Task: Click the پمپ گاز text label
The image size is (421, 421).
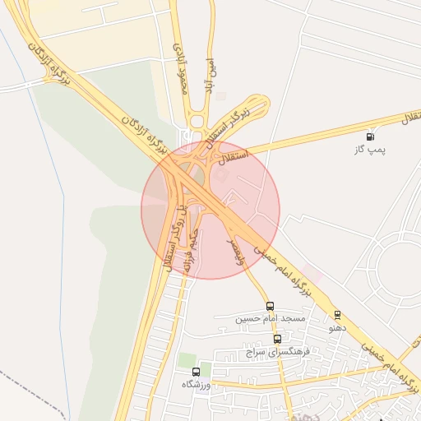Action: click(370, 150)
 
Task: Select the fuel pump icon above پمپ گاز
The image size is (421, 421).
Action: click(370, 136)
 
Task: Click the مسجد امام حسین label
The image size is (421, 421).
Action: click(271, 318)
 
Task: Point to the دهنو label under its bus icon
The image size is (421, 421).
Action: click(337, 328)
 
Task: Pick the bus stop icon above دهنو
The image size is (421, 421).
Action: click(337, 315)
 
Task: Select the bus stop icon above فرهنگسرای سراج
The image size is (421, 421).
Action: click(277, 338)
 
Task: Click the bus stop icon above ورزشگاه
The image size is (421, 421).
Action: click(196, 372)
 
